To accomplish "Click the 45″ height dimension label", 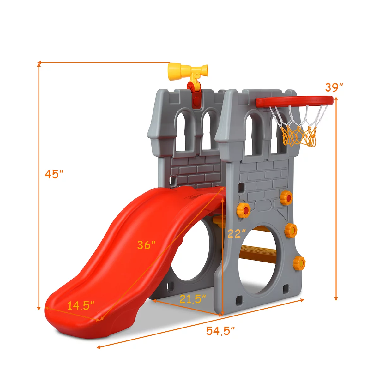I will [x=54, y=174].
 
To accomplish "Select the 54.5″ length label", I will [x=220, y=331].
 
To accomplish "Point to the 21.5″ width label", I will [x=193, y=298].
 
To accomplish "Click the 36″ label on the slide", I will [x=146, y=245].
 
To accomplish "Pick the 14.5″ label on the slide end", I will [x=81, y=305].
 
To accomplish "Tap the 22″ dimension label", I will [x=237, y=234].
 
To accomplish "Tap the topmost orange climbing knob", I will [x=286, y=198].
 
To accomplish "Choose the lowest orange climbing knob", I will [x=299, y=263].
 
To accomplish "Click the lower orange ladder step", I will [x=257, y=253].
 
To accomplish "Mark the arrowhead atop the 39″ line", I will [x=336, y=99].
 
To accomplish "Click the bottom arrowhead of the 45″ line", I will [x=39, y=309].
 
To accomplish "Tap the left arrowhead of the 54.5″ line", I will [x=98, y=347].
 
